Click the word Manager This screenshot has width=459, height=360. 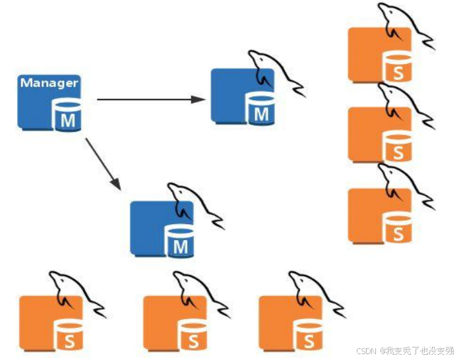[49, 83]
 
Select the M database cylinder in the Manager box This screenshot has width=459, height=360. [68, 116]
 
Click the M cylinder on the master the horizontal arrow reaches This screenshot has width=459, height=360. [261, 109]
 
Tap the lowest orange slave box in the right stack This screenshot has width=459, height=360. [369, 214]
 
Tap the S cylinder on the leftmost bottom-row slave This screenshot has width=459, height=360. [69, 336]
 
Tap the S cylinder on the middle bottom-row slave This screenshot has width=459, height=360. [193, 336]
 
